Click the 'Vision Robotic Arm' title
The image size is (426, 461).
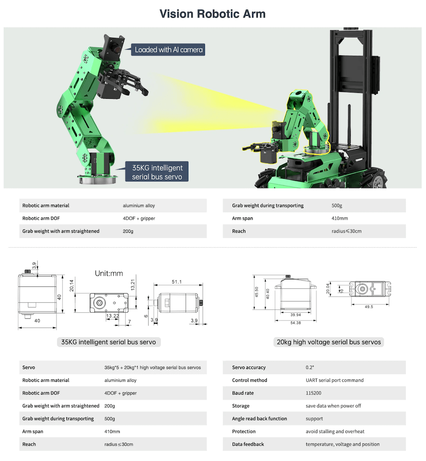click(x=213, y=14)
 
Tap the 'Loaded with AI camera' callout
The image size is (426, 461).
click(x=168, y=50)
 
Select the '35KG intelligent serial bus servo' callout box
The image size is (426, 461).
click(x=157, y=172)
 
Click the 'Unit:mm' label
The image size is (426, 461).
click(x=109, y=273)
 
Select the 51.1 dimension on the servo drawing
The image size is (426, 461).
click(x=177, y=282)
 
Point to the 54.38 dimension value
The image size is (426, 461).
click(x=296, y=323)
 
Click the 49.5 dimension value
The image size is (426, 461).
click(x=369, y=306)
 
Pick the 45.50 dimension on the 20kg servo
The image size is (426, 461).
click(x=256, y=292)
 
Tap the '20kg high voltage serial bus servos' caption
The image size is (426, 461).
click(x=328, y=342)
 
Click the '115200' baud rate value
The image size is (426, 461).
click(x=314, y=393)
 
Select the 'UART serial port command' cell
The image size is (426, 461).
click(x=334, y=380)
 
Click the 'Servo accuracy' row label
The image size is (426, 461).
click(x=249, y=367)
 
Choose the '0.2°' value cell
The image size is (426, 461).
click(x=310, y=367)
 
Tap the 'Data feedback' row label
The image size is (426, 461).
click(x=248, y=444)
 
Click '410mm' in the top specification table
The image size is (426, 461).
click(x=340, y=218)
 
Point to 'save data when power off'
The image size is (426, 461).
click(x=333, y=406)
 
